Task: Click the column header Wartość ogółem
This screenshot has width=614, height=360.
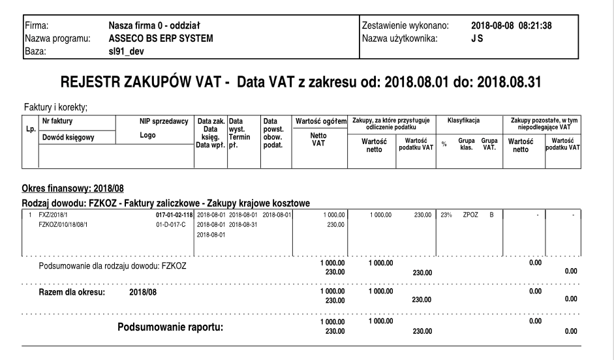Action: pyautogui.click(x=320, y=121)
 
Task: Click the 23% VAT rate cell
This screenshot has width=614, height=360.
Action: pyautogui.click(x=446, y=213)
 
